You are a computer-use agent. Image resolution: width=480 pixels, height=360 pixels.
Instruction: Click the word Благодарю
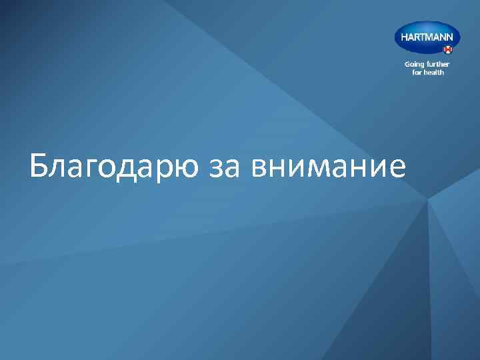(114, 167)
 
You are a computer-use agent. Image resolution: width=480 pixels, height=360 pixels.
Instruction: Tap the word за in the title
(225, 168)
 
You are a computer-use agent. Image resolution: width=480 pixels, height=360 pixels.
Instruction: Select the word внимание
(328, 168)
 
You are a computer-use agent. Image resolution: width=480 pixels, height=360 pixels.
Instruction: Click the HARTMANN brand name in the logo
(427, 37)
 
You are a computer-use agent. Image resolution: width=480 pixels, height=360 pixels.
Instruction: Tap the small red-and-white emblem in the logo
(448, 49)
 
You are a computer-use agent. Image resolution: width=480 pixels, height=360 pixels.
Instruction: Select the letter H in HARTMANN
(404, 37)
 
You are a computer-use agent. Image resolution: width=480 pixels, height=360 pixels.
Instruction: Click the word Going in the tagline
(415, 65)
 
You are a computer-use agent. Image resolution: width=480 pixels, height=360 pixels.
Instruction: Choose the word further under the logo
(439, 65)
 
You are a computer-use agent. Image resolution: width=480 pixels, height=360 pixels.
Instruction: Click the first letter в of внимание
(261, 168)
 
